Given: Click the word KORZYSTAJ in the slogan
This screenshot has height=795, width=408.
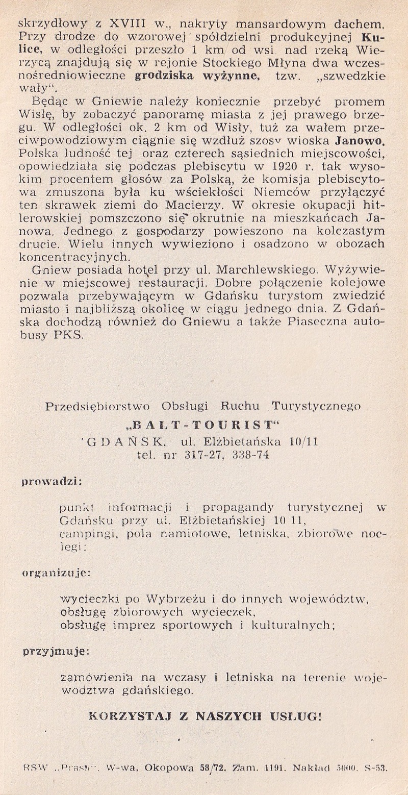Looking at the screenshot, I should pos(124,715).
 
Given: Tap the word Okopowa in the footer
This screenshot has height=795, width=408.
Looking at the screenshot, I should pos(169,766).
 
